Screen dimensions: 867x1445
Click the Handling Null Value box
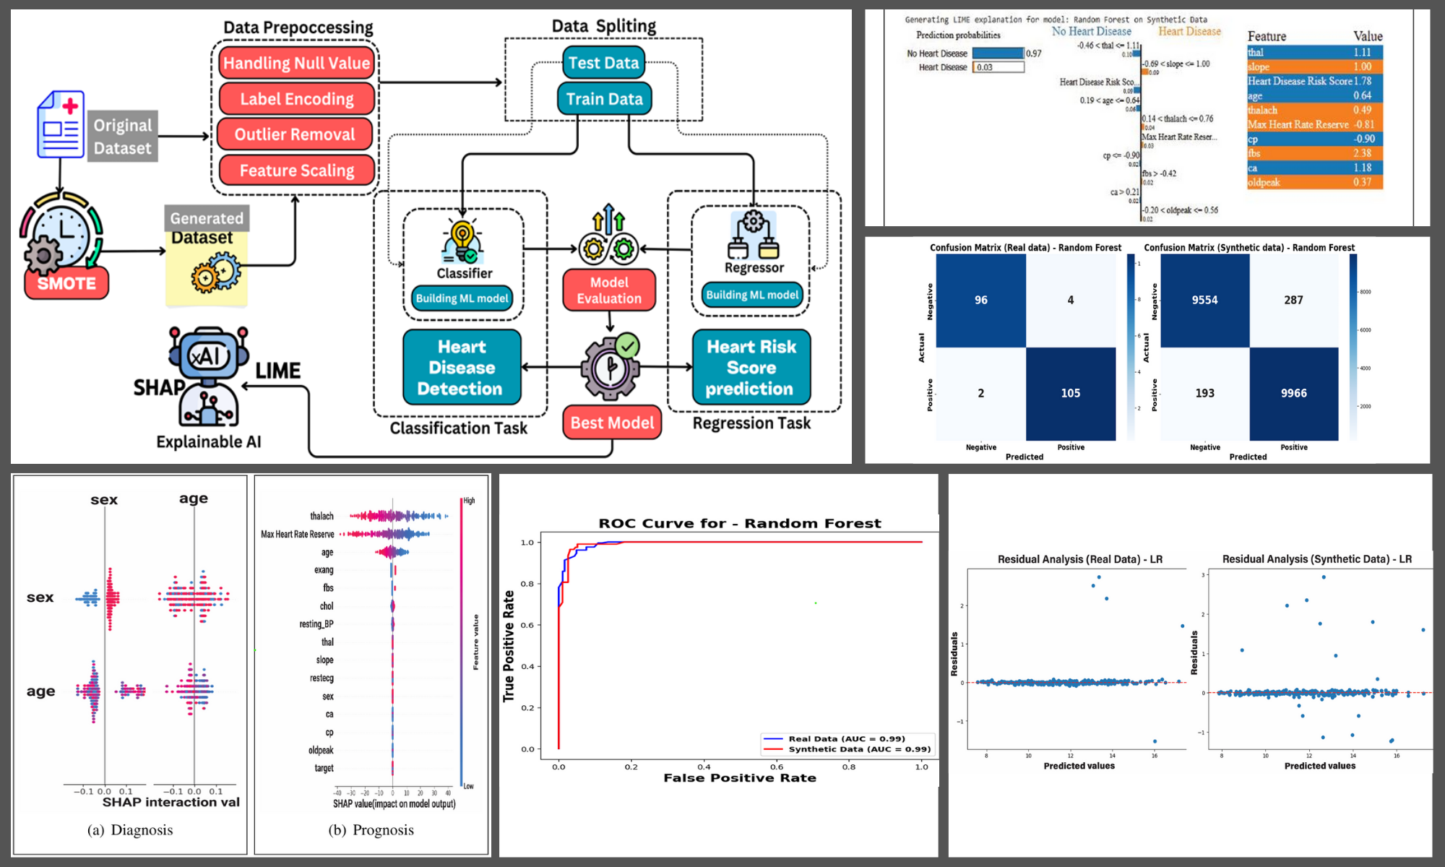pyautogui.click(x=296, y=63)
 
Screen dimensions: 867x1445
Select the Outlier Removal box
pyautogui.click(x=295, y=134)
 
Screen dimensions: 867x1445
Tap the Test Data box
pyautogui.click(x=603, y=63)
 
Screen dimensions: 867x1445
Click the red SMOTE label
pyautogui.click(x=66, y=283)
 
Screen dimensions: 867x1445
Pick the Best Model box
pyautogui.click(x=612, y=423)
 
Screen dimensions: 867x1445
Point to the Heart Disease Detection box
pyautogui.click(x=462, y=368)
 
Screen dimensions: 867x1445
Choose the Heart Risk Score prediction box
pyautogui.click(x=751, y=368)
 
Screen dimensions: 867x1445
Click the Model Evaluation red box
pyautogui.click(x=609, y=290)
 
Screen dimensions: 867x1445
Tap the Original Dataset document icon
pyautogui.click(x=61, y=124)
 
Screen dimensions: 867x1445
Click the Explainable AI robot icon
pyautogui.click(x=208, y=376)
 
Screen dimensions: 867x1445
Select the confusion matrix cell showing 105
pyautogui.click(x=1070, y=393)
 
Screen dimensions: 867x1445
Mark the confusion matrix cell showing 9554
pyautogui.click(x=1204, y=300)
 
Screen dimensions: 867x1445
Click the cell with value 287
pyautogui.click(x=1293, y=300)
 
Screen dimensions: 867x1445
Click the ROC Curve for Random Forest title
pyautogui.click(x=740, y=523)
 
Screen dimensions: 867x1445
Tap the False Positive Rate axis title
pyautogui.click(x=740, y=778)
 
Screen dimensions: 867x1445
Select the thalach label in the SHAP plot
pyautogui.click(x=322, y=516)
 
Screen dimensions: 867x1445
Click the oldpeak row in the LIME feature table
pyautogui.click(x=1314, y=182)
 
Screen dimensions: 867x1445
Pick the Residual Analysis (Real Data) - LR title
pyautogui.click(x=1079, y=559)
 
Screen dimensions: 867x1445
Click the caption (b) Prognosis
pyautogui.click(x=371, y=830)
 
